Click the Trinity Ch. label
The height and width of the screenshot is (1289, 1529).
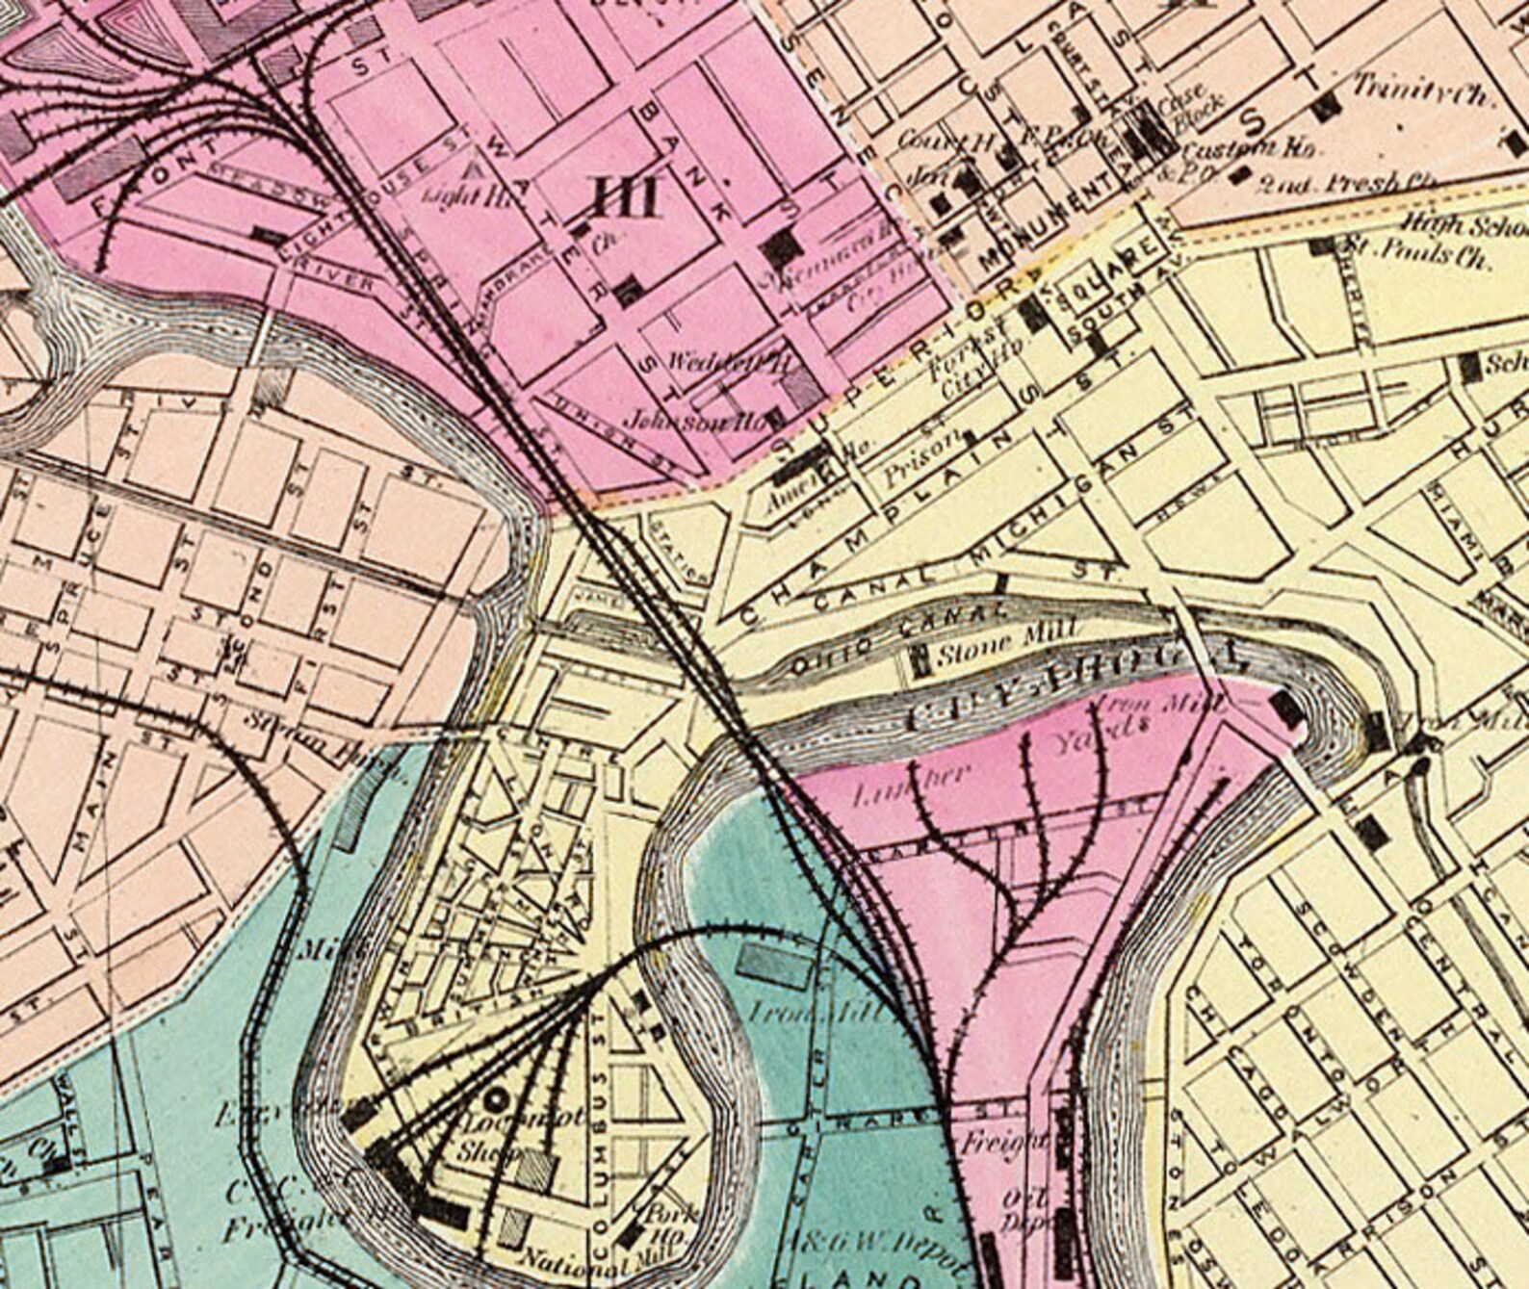pyautogui.click(x=1422, y=92)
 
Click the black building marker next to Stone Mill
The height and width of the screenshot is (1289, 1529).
pyautogui.click(x=920, y=659)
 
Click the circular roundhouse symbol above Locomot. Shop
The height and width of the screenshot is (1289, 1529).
pyautogui.click(x=498, y=1097)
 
